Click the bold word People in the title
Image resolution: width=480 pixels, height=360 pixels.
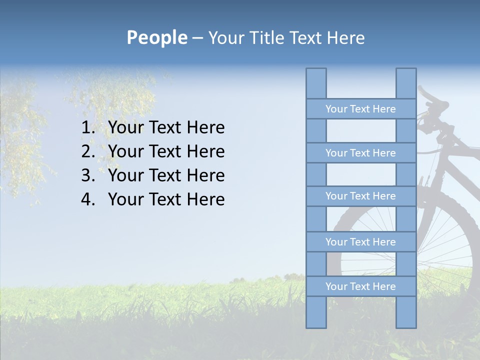pyautogui.click(x=156, y=37)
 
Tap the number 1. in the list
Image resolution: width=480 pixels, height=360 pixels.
pyautogui.click(x=88, y=127)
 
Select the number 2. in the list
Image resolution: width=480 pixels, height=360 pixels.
pyautogui.click(x=88, y=151)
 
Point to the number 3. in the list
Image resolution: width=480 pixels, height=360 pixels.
pyautogui.click(x=88, y=175)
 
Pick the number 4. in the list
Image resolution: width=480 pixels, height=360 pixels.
pyautogui.click(x=88, y=199)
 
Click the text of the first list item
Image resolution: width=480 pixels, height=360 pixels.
pyautogui.click(x=166, y=127)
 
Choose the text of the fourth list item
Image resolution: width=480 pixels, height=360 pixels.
pyautogui.click(x=166, y=199)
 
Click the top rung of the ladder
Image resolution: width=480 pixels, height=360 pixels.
pyautogui.click(x=360, y=109)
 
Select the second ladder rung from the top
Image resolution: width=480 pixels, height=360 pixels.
pyautogui.click(x=360, y=153)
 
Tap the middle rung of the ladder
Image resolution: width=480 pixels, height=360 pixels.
pyautogui.click(x=360, y=196)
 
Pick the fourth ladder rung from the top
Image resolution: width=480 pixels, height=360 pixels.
pyautogui.click(x=360, y=242)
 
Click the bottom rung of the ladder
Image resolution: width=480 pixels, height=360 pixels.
pyautogui.click(x=360, y=286)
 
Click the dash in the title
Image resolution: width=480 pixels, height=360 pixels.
pyautogui.click(x=197, y=38)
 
